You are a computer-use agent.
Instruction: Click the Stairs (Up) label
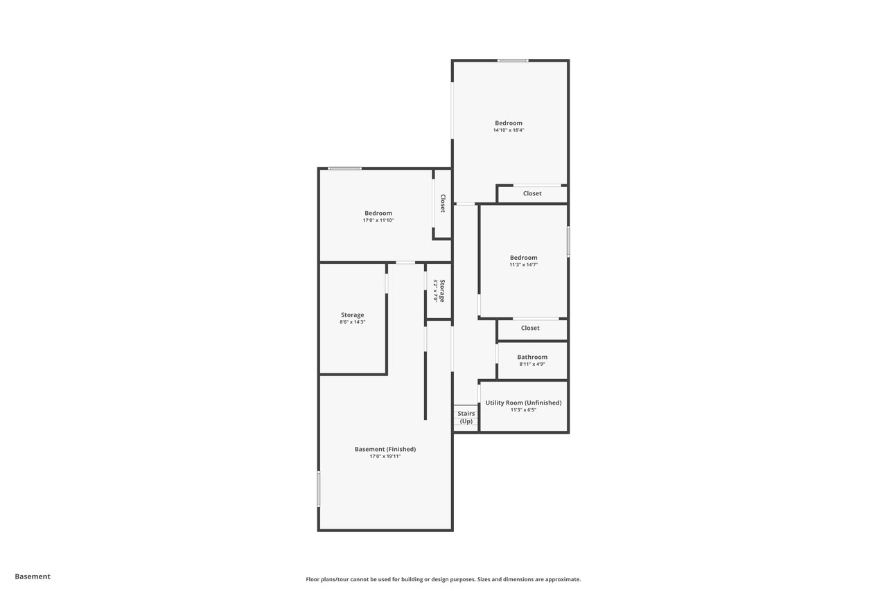(x=466, y=417)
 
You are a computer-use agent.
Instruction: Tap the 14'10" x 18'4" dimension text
(x=509, y=130)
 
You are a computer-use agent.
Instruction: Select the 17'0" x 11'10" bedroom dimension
(x=378, y=220)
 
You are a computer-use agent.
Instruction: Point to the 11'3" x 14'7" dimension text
(x=523, y=265)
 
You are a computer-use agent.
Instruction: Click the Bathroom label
(x=532, y=357)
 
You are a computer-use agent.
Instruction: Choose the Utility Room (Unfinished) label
(x=523, y=403)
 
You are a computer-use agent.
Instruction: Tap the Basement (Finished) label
(x=385, y=449)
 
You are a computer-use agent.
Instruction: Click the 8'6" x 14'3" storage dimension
(x=353, y=322)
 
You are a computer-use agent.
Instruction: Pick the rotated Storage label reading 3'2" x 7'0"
(x=439, y=291)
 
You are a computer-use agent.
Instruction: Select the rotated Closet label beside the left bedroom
(x=443, y=204)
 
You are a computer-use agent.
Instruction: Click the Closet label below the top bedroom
(x=532, y=193)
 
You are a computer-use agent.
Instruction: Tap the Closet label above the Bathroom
(x=530, y=328)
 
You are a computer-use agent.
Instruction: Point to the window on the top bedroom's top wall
(x=513, y=60)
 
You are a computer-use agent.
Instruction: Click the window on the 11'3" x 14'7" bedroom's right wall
(x=568, y=242)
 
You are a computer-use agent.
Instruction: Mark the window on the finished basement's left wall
(x=318, y=489)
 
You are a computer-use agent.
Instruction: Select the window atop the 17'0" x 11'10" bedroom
(x=344, y=168)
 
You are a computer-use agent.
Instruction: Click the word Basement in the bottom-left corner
(x=33, y=576)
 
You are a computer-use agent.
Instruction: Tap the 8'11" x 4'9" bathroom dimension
(x=532, y=364)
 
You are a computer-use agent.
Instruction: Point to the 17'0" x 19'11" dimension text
(x=385, y=457)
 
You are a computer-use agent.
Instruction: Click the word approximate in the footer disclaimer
(x=563, y=579)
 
